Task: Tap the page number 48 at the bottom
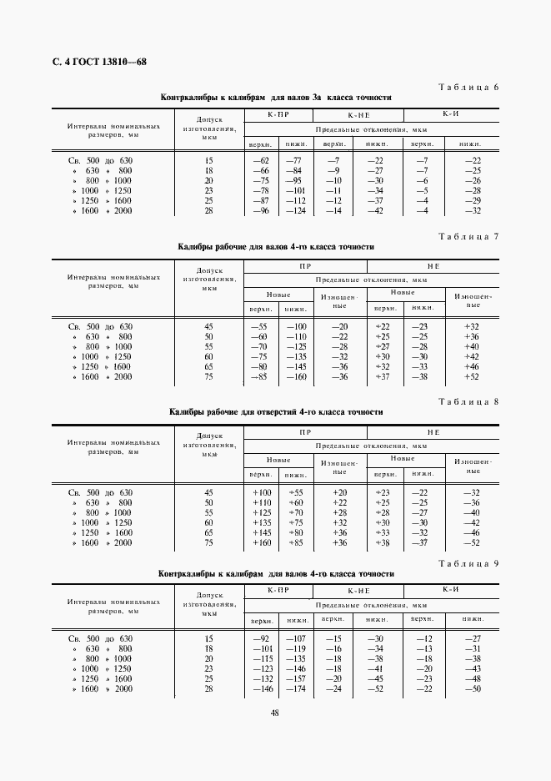(x=274, y=712)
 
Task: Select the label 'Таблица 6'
(x=467, y=88)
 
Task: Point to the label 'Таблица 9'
(x=467, y=564)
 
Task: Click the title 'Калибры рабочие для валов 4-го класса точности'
(x=276, y=247)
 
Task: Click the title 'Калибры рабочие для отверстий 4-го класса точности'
(x=276, y=412)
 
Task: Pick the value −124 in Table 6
(x=293, y=211)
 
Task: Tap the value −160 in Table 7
(x=293, y=376)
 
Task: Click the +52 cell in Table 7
(x=471, y=376)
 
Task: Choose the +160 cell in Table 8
(x=262, y=542)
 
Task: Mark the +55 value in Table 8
(x=294, y=492)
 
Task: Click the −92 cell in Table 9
(x=262, y=638)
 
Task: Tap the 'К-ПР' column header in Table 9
(x=278, y=591)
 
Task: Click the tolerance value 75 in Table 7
(x=208, y=376)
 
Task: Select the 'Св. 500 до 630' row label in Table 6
(x=99, y=159)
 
